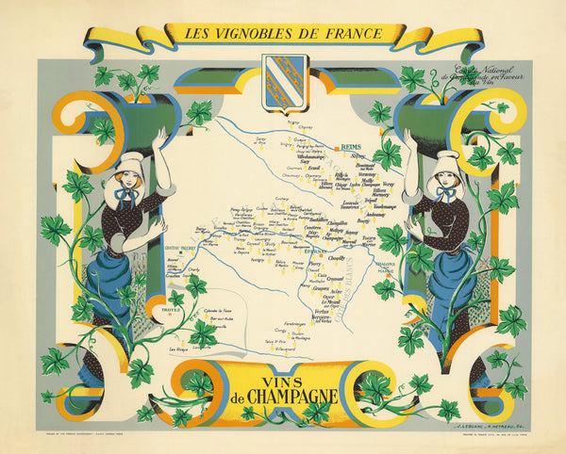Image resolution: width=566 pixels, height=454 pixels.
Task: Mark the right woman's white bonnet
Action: pyautogui.click(x=445, y=164)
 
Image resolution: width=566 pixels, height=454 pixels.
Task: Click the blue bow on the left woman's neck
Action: pyautogui.click(x=125, y=195)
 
